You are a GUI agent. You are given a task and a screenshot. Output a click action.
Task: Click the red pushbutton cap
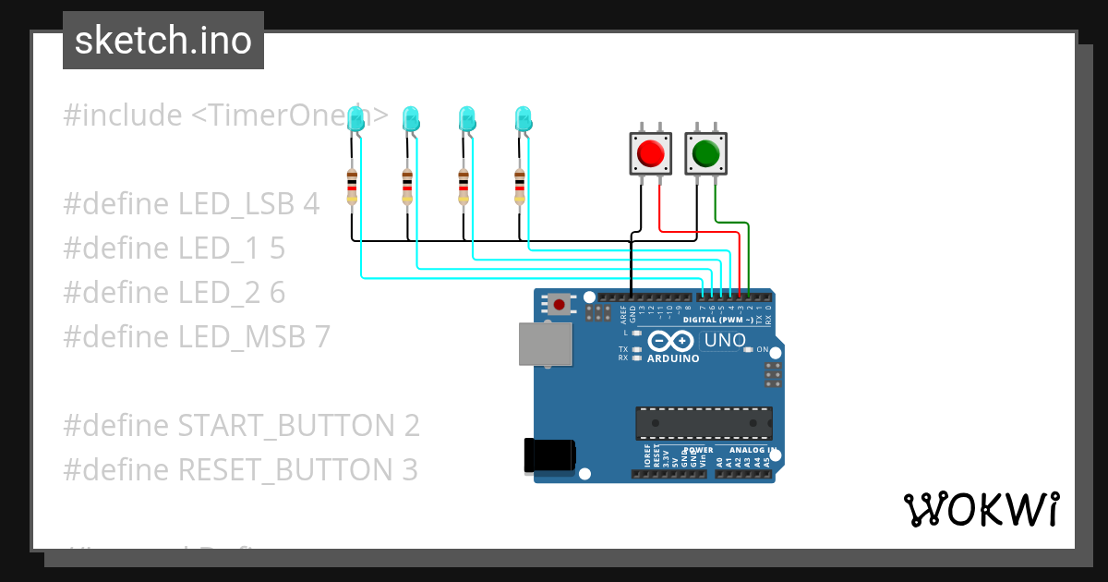coord(651,152)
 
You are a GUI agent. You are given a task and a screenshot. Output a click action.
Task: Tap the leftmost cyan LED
coord(355,117)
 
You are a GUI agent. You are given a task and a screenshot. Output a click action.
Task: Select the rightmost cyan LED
coord(524,117)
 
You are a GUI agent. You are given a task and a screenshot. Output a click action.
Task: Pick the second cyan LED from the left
coord(411,117)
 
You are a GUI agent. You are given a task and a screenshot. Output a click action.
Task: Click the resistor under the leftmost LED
coord(352,187)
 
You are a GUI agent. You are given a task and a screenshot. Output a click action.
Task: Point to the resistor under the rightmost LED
coord(520,187)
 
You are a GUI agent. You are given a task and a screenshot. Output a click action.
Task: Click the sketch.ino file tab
coord(163,41)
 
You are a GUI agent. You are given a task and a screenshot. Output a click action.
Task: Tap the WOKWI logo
coord(981,509)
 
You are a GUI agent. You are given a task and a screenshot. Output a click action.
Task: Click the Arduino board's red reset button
coord(559,303)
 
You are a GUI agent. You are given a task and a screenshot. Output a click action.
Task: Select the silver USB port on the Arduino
coord(545,345)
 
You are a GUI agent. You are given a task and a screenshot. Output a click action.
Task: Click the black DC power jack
coord(549,455)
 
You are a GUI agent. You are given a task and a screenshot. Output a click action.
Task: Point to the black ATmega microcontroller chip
coord(704,422)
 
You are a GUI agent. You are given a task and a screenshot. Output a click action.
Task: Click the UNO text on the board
coord(725,340)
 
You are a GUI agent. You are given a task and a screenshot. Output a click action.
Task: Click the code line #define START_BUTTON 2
coord(241,426)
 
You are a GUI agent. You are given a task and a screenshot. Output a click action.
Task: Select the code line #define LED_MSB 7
coord(196,337)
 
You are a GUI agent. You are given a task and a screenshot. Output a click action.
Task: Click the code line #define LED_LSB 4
coord(191,204)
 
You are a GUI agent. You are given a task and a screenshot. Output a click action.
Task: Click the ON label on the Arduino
coord(763,349)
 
